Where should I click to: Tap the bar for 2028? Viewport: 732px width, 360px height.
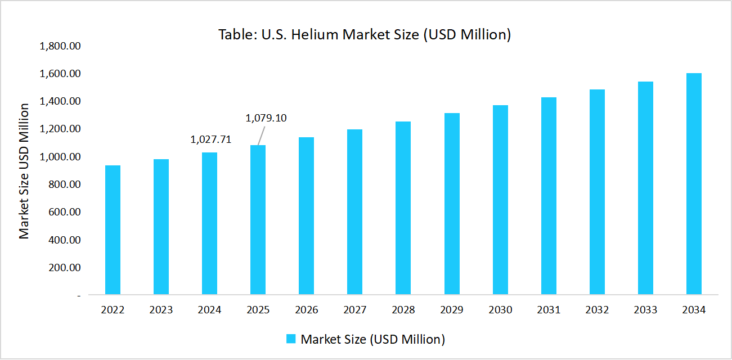[x=403, y=208]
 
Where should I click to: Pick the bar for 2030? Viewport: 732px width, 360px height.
[x=500, y=200]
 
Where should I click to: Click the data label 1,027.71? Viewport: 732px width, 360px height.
[x=211, y=139]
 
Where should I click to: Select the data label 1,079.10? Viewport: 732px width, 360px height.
[x=266, y=118]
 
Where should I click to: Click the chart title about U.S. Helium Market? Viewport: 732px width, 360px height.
[x=365, y=35]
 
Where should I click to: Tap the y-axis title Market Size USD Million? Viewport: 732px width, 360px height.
[x=24, y=170]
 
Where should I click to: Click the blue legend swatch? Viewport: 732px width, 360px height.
[x=291, y=339]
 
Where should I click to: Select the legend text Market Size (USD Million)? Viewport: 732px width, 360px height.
[x=373, y=339]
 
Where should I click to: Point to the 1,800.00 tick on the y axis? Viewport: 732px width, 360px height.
[x=60, y=46]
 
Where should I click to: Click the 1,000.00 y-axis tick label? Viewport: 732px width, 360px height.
[x=60, y=157]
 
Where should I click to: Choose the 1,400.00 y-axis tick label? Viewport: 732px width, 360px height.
[x=60, y=101]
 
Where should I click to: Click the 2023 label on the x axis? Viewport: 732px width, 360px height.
[x=161, y=310]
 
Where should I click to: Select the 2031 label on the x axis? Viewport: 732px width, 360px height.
[x=549, y=310]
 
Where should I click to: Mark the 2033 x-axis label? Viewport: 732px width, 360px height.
[x=645, y=310]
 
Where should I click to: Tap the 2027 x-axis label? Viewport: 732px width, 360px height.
[x=354, y=310]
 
